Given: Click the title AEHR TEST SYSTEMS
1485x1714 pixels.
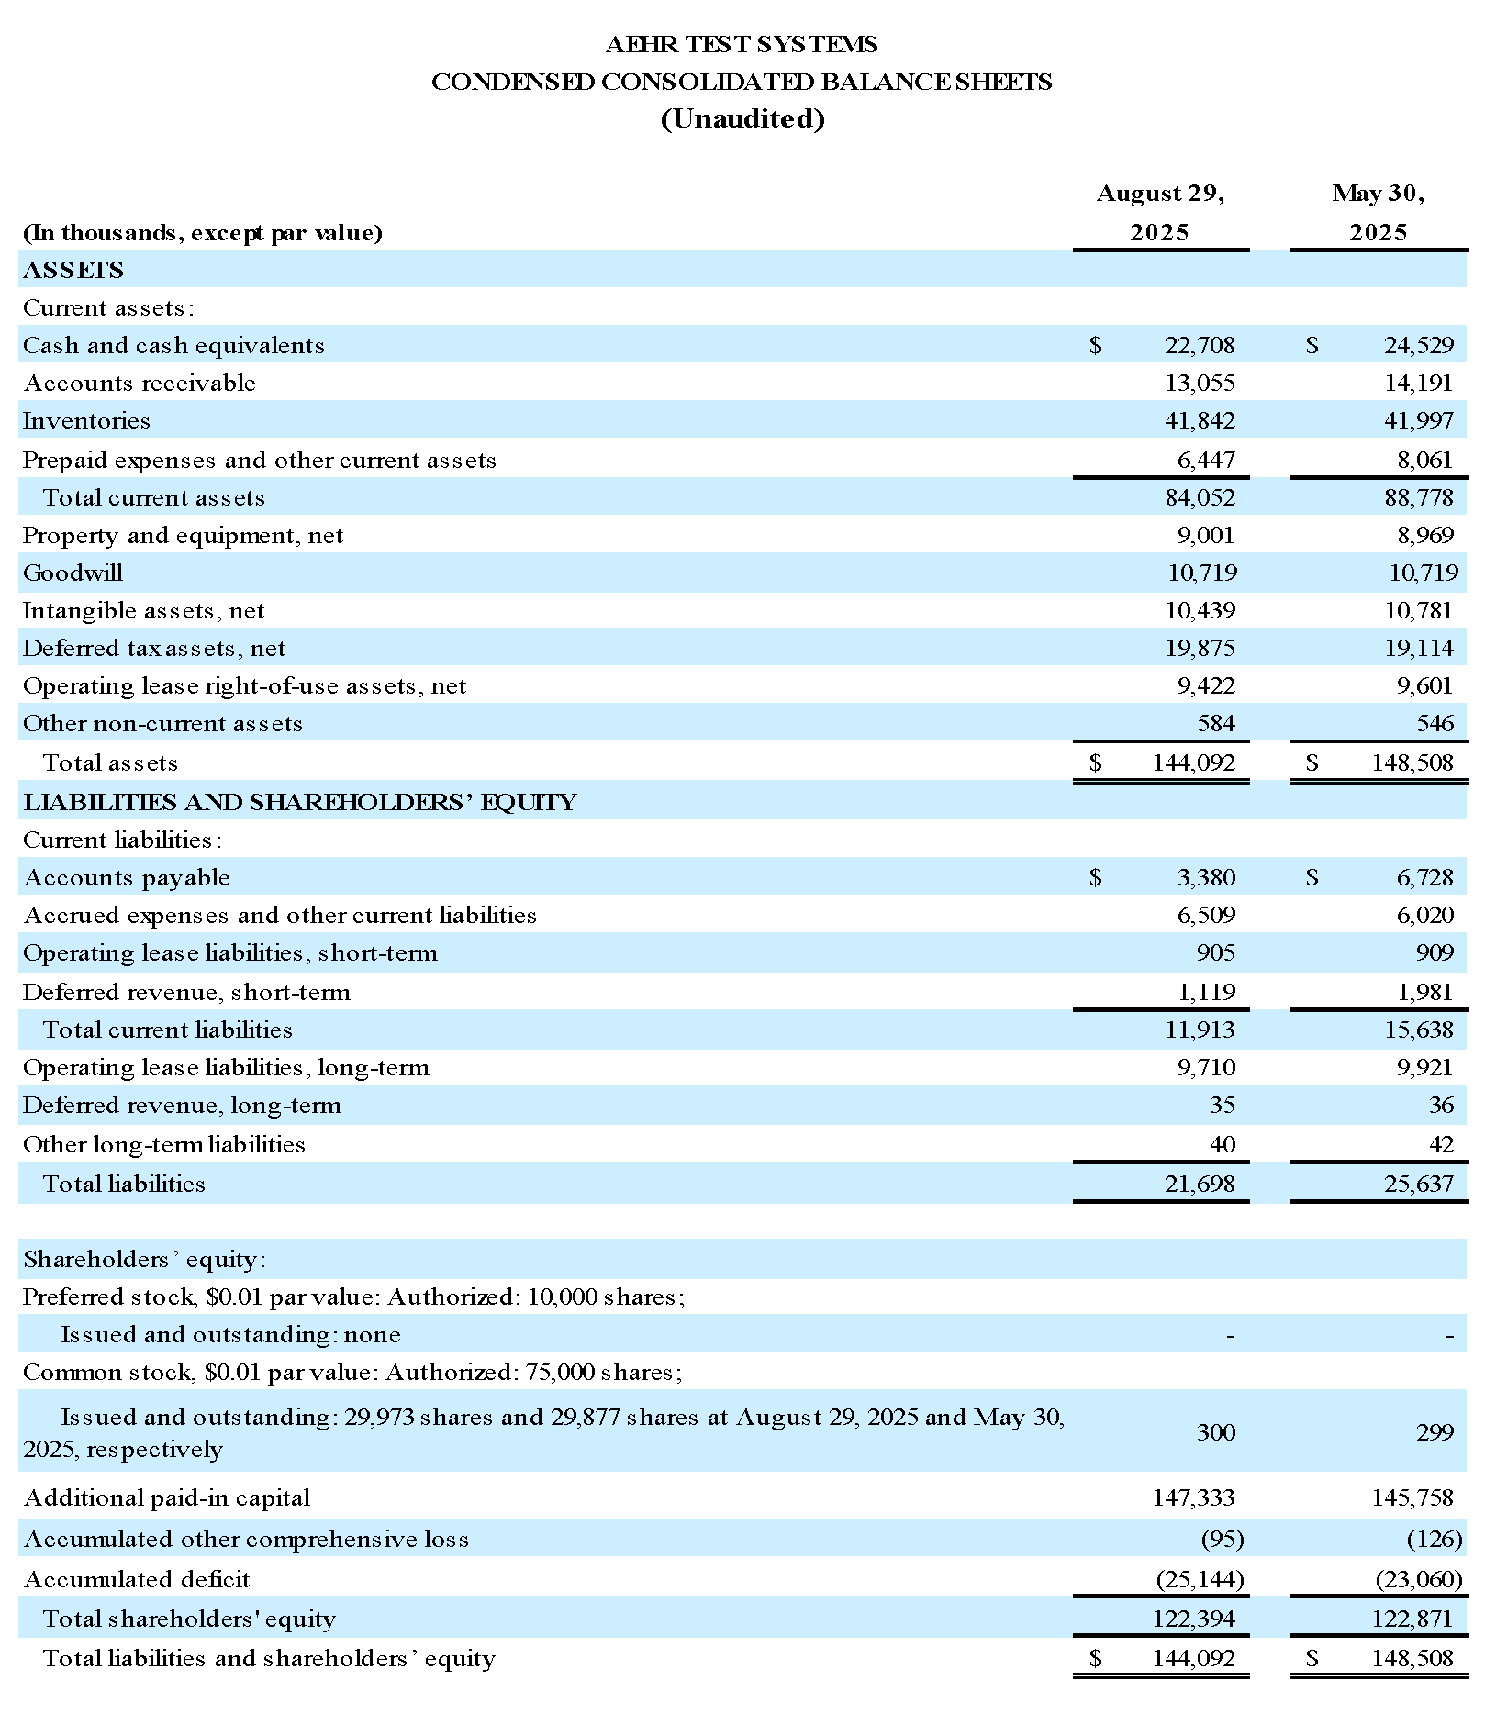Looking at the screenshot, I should (x=742, y=44).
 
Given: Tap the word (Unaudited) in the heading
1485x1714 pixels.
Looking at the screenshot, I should (x=742, y=119).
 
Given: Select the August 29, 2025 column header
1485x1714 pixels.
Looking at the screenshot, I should (x=1160, y=212).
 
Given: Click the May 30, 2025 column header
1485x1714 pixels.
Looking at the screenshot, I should (x=1378, y=212).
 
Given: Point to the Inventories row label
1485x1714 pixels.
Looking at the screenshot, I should (x=86, y=420).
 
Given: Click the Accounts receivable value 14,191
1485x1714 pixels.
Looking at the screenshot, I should (x=1418, y=383).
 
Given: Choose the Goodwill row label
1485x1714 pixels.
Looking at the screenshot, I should (x=73, y=573).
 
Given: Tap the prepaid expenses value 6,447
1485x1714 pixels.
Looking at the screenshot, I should (x=1206, y=459).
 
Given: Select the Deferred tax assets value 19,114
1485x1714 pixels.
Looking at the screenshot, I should (x=1418, y=648).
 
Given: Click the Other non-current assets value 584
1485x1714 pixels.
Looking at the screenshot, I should (x=1216, y=723).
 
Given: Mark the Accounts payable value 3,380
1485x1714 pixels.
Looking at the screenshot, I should (x=1206, y=877).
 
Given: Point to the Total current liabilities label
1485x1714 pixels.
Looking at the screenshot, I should (x=167, y=1030).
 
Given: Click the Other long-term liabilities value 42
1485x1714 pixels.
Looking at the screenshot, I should (x=1441, y=1144).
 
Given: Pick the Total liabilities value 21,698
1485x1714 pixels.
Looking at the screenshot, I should (x=1200, y=1184).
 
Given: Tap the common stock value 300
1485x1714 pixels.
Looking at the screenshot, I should (x=1216, y=1432).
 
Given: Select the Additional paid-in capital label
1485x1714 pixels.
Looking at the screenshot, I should (x=166, y=1497).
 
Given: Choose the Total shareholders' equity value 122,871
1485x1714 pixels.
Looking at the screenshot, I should (x=1412, y=1619).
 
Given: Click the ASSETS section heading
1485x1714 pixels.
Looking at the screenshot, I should (x=73, y=270).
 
